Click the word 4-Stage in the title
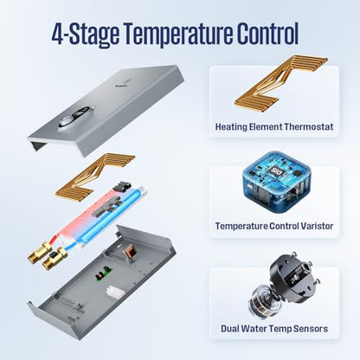(85, 34)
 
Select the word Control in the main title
(268, 33)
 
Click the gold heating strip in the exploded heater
(95, 176)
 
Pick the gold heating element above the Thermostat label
(281, 81)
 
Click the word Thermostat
(308, 126)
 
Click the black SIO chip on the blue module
(276, 170)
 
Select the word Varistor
(317, 226)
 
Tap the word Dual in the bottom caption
(230, 328)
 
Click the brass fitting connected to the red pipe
(40, 253)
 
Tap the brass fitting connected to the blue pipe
(55, 258)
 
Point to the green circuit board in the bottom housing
(103, 274)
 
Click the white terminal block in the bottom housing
(115, 292)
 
